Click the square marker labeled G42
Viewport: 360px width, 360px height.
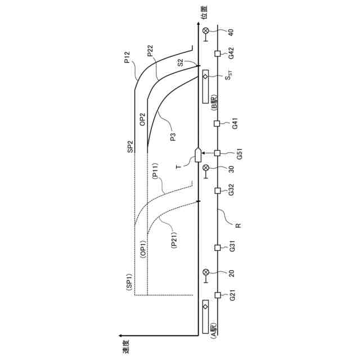(218, 54)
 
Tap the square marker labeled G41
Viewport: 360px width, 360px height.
(217, 124)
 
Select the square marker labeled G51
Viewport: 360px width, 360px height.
(217, 153)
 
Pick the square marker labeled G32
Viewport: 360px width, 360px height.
(218, 191)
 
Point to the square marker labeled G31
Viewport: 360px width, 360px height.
(218, 247)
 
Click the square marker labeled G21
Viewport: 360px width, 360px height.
(218, 295)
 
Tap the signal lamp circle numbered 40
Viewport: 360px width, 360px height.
(206, 30)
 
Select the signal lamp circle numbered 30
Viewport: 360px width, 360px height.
(206, 168)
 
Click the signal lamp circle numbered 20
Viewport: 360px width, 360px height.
(206, 272)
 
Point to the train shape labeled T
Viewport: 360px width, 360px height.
(198, 155)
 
